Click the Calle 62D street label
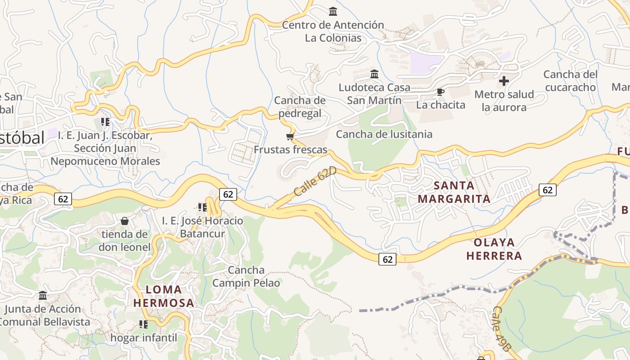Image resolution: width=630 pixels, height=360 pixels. click(315, 181)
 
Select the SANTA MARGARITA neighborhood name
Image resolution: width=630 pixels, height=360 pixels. click(454, 192)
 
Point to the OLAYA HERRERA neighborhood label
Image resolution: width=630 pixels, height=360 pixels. click(494, 249)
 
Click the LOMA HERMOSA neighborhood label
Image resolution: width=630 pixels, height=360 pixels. click(164, 296)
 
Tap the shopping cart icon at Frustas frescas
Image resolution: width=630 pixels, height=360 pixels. click(290, 136)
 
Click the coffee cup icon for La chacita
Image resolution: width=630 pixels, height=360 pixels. click(441, 92)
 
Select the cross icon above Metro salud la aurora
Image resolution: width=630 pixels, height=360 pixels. click(504, 81)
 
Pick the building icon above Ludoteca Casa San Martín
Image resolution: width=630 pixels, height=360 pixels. click(374, 74)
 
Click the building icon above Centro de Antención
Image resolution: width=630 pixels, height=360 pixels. click(333, 11)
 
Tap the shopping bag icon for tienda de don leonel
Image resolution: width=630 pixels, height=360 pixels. click(125, 221)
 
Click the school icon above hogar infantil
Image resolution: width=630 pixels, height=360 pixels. click(144, 324)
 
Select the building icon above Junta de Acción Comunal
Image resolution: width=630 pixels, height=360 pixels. click(43, 296)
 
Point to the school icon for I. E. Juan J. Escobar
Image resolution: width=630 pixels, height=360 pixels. click(105, 121)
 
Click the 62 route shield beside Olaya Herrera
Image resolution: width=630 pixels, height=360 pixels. click(387, 259)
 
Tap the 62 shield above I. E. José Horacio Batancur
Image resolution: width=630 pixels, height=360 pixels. click(228, 194)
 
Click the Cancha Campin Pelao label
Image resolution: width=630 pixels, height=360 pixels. click(246, 276)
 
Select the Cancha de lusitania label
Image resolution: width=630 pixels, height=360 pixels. click(384, 134)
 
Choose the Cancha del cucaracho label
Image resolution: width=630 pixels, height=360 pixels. click(570, 81)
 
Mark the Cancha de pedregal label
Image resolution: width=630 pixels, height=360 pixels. click(300, 107)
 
